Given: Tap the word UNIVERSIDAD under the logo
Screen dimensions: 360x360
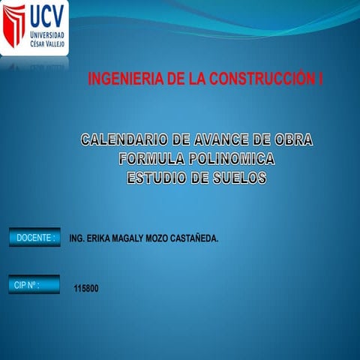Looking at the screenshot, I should point(47,35).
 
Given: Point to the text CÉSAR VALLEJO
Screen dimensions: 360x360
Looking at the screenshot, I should point(47,43).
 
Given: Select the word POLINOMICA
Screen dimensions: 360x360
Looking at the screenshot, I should point(232,159).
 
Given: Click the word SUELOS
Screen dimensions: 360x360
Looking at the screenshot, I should point(239,178).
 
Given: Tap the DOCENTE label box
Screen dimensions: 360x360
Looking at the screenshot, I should point(34,238).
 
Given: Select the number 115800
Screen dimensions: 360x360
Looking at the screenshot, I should point(86,289).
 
